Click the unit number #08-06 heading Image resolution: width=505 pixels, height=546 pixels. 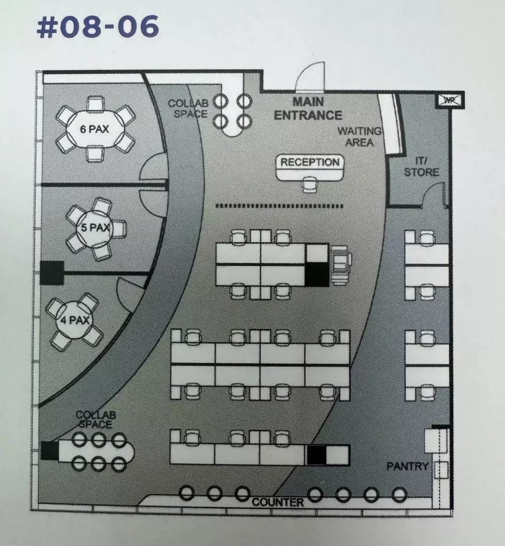pos(98,27)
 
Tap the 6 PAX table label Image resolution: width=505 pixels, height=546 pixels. pos(94,129)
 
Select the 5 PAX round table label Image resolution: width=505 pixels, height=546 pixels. pos(95,228)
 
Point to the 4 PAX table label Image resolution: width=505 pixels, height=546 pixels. pos(75,320)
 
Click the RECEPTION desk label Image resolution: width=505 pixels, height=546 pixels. pos(310,162)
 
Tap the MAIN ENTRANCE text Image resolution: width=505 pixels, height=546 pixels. pos(308,108)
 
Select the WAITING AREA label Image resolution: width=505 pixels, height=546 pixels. pos(359,136)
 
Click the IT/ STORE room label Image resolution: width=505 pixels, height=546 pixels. pos(421,166)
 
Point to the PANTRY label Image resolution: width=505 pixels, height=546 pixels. pos(407,466)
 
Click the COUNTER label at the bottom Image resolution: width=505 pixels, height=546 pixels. pos(278,502)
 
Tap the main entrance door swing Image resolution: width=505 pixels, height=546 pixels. pos(310,77)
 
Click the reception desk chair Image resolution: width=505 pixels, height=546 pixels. pos(310,184)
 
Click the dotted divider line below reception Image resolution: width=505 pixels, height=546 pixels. pos(280,206)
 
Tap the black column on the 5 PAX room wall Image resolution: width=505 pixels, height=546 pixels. pos(51,273)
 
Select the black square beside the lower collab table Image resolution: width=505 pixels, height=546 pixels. pos(50,450)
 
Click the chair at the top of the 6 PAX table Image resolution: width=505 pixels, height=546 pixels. pos(95,104)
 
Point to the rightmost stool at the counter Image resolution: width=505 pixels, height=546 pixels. pos(399,494)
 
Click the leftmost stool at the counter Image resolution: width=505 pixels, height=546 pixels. pos(187,493)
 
